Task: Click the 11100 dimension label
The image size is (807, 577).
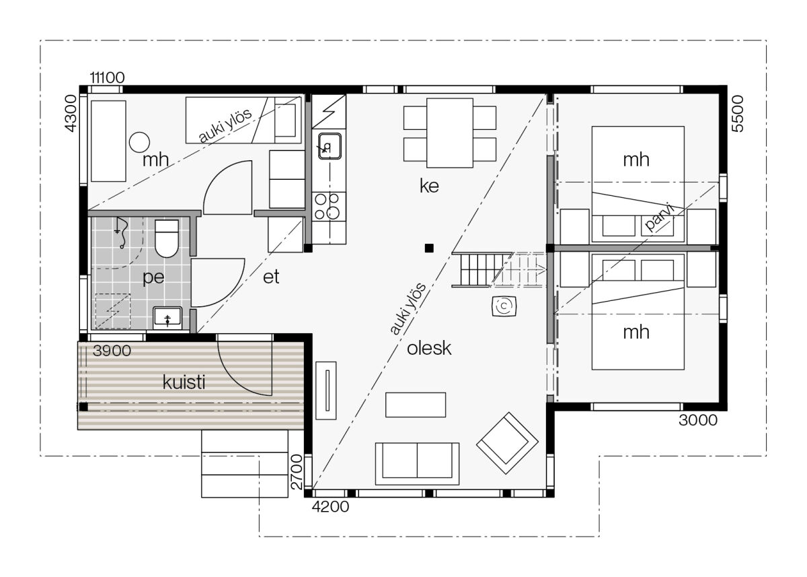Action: pos(107,77)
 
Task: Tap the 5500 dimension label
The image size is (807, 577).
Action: pos(738,114)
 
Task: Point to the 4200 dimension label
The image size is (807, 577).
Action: pos(330,507)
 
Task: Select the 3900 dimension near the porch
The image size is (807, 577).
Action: pos(112,351)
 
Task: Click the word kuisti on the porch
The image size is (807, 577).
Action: pos(184,382)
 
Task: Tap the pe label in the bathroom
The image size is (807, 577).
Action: pos(153,277)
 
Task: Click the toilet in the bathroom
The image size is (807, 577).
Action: pos(167,239)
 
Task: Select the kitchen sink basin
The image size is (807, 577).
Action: pos(330,146)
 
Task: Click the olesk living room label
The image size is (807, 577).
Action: pos(429,348)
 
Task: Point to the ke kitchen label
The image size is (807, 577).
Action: pos(429,186)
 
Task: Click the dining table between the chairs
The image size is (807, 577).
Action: pos(450,133)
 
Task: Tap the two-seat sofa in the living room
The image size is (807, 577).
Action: pos(417,464)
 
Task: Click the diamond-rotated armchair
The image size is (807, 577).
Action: pos(507,443)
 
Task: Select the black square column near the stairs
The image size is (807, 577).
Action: pos(429,248)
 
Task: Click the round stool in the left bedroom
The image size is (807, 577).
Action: pos(139,142)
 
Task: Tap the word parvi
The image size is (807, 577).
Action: pos(659,217)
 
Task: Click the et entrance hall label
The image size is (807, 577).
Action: pos(271,277)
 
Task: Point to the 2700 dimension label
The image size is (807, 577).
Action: pos(296,472)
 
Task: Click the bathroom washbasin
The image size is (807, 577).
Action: pos(167,318)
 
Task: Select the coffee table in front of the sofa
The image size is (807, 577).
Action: pos(416,405)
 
